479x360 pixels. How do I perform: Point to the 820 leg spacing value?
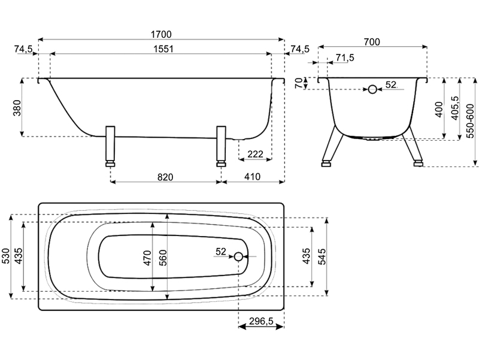coord(166,177)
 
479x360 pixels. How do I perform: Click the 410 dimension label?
coord(252,177)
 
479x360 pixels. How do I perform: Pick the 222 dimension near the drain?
coord(255,155)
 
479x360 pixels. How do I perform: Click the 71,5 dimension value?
coord(345,58)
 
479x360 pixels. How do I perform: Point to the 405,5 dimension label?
coord(455,108)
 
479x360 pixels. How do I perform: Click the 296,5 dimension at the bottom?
coord(261,321)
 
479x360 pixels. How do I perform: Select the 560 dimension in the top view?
coord(162,256)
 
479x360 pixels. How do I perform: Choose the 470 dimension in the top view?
coord(147,256)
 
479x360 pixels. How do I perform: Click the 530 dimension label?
coord(6,256)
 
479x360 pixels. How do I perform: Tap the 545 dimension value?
coord(322,256)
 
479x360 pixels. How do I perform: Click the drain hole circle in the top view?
coord(239,256)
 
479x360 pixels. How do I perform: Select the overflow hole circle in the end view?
coord(372,89)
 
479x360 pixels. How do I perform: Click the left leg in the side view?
coord(110,146)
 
